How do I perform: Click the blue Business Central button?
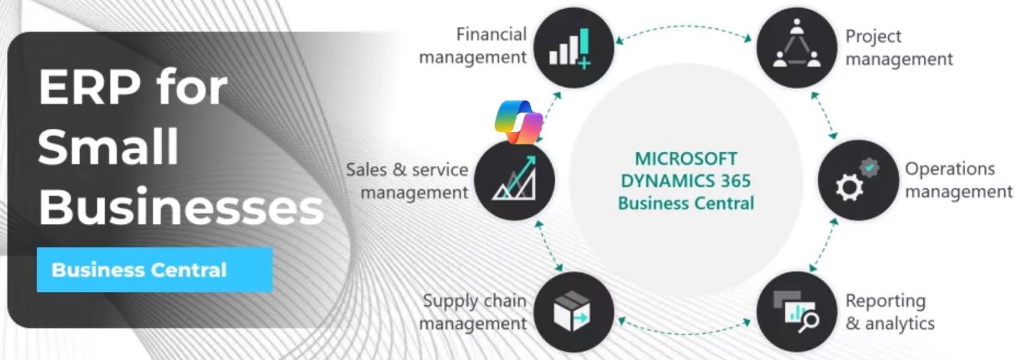pos(154,270)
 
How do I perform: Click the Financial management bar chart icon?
pos(573,48)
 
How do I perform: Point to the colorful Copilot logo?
pos(519,122)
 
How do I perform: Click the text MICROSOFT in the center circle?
pos(686,159)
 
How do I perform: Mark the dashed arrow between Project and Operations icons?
pos(825,115)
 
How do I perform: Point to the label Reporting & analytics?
pos(890,312)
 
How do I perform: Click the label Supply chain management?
pos(473,312)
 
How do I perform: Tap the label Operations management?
pos(958,180)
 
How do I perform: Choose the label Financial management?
pos(473,46)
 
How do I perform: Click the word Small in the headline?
pos(109,146)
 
